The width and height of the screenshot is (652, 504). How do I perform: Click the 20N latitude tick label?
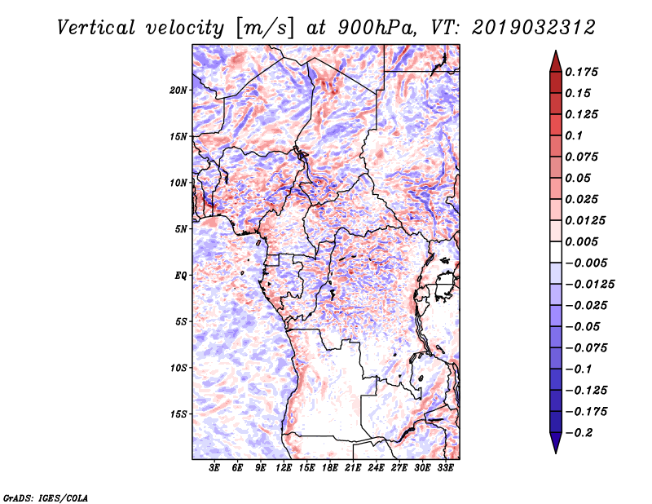(x=178, y=91)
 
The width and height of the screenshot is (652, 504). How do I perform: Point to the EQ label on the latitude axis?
(x=180, y=276)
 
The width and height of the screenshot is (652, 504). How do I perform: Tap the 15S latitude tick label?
(x=178, y=414)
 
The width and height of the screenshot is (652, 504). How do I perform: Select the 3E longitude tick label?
(x=214, y=468)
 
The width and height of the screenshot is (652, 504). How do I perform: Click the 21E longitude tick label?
(x=353, y=468)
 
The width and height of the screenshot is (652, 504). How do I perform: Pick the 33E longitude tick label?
(x=445, y=468)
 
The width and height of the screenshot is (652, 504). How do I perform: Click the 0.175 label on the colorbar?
(x=581, y=72)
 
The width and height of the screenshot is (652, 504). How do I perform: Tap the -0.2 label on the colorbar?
(x=579, y=433)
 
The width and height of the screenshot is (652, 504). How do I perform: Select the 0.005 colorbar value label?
(x=581, y=241)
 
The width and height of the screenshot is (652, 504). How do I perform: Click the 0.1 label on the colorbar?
(x=574, y=135)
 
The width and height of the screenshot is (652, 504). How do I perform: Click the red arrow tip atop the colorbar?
(x=556, y=51)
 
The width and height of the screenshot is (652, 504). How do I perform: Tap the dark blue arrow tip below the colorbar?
(x=556, y=452)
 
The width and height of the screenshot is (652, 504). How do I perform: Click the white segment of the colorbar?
(x=556, y=252)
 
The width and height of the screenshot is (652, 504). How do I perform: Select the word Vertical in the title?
(x=96, y=28)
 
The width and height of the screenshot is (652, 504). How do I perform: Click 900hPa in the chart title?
(x=377, y=28)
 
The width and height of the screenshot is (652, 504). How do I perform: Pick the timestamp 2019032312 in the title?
(x=534, y=28)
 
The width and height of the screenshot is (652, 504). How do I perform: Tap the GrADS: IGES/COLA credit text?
(x=46, y=497)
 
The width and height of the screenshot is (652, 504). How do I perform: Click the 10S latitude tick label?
(x=178, y=369)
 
